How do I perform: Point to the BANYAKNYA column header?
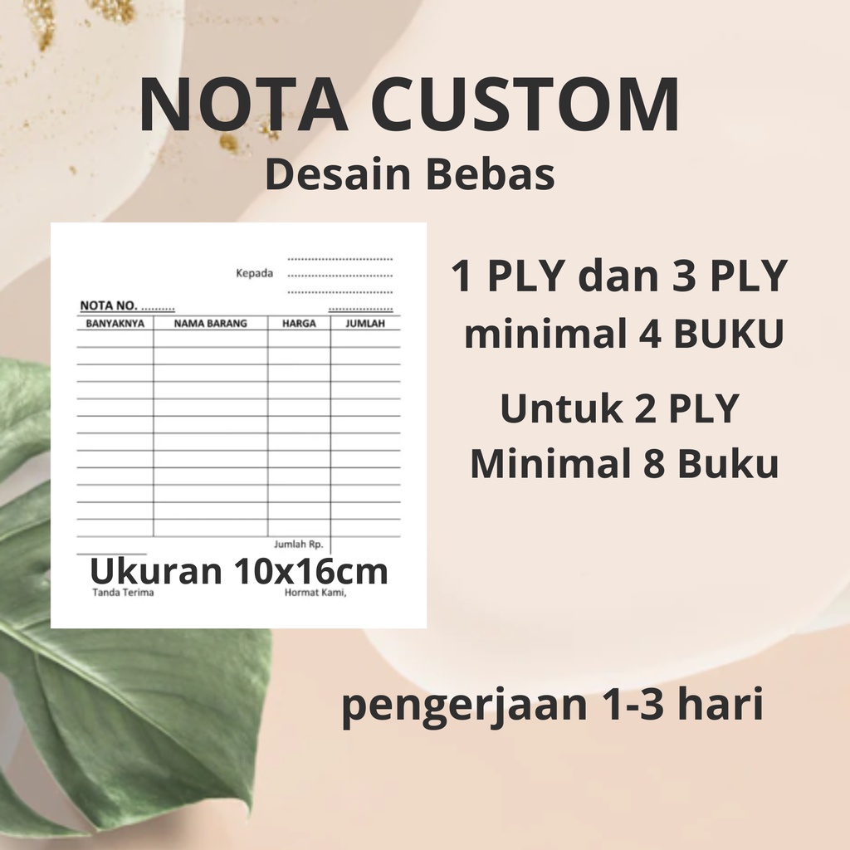(115, 324)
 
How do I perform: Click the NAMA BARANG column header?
(210, 324)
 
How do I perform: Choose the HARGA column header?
(299, 324)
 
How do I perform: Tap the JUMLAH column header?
(365, 324)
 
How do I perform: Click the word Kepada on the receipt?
(255, 274)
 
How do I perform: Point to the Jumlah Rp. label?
(298, 545)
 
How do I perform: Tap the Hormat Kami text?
(315, 594)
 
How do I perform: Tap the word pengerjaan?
(453, 711)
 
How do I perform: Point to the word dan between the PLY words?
(613, 278)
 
